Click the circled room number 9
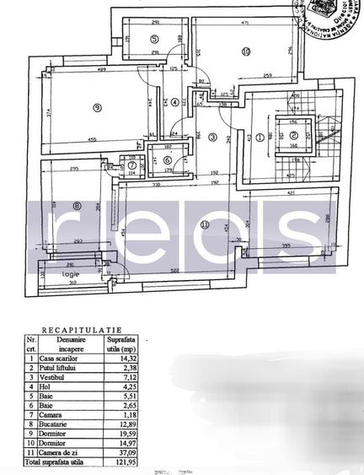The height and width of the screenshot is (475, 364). (98, 107)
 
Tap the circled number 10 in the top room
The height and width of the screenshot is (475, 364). (246, 51)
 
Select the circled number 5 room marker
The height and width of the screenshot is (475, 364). (154, 39)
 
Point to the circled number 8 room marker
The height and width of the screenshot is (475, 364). (78, 204)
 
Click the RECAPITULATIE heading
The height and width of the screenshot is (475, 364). (82, 332)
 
